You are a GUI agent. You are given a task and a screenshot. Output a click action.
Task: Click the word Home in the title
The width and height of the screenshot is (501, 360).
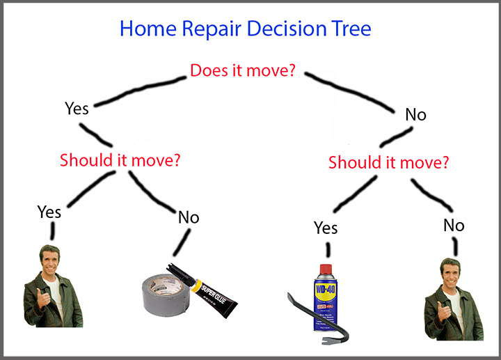[x=145, y=29]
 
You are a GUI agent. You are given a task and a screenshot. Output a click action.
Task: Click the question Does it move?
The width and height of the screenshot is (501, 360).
[x=241, y=70]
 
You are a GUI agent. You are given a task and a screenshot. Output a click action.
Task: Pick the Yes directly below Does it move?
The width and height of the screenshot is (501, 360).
[x=77, y=108]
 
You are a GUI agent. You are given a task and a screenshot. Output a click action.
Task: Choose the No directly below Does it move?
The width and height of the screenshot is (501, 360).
[x=415, y=115]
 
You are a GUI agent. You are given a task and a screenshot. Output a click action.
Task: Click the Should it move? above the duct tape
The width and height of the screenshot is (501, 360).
[x=120, y=159]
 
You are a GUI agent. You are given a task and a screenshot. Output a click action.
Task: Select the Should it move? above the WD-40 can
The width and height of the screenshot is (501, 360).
[x=388, y=163]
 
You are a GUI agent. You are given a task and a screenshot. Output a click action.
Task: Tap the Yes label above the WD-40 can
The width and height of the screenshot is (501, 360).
[x=326, y=228]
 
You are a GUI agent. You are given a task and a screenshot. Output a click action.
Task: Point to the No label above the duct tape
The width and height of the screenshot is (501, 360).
[x=189, y=217]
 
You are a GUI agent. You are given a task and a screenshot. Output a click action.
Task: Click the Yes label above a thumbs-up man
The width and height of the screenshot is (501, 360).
[x=49, y=211]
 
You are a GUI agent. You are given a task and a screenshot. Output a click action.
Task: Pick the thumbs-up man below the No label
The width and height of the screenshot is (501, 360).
[x=453, y=299]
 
